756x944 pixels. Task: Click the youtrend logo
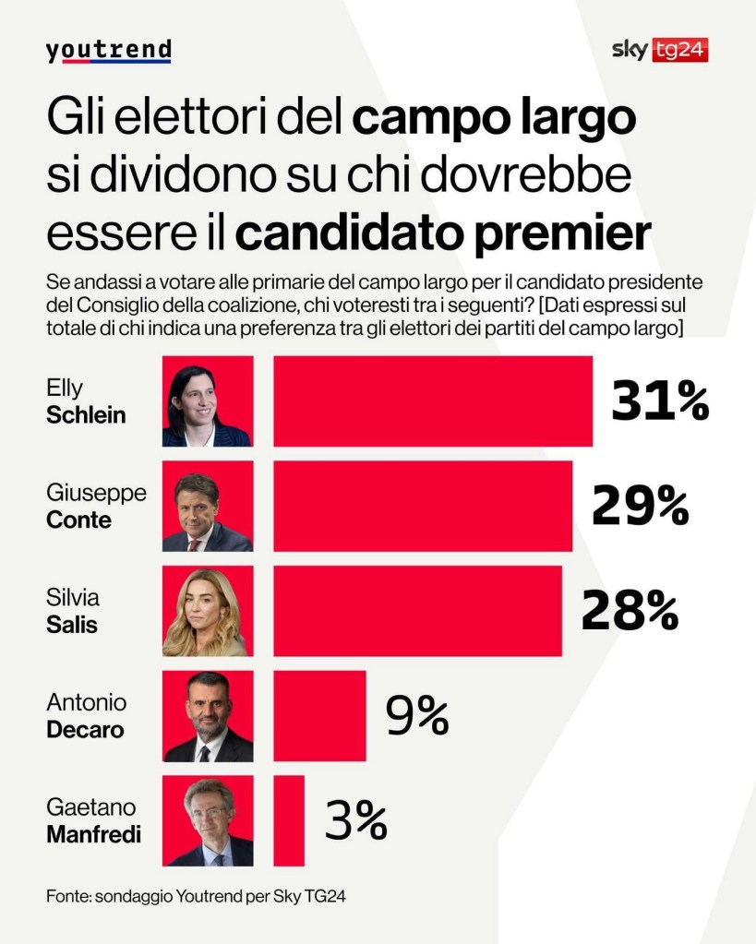108,51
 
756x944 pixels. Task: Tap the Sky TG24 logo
659,50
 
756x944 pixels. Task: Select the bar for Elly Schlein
433,401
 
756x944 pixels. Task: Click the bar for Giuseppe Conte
423,506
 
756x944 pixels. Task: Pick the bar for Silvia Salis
417,611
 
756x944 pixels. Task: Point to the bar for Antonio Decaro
319,715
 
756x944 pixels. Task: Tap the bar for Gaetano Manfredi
289,820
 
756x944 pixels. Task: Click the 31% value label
660,401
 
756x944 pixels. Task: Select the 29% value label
640,506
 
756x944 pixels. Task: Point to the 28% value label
630,611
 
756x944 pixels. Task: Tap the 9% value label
417,716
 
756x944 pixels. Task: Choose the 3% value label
355,820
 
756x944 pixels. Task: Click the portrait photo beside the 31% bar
208,402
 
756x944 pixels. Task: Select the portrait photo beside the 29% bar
208,507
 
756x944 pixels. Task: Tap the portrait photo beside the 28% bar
208,611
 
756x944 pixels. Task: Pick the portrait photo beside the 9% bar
208,716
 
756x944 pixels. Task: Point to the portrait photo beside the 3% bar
208,820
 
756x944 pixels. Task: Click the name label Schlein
86,415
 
